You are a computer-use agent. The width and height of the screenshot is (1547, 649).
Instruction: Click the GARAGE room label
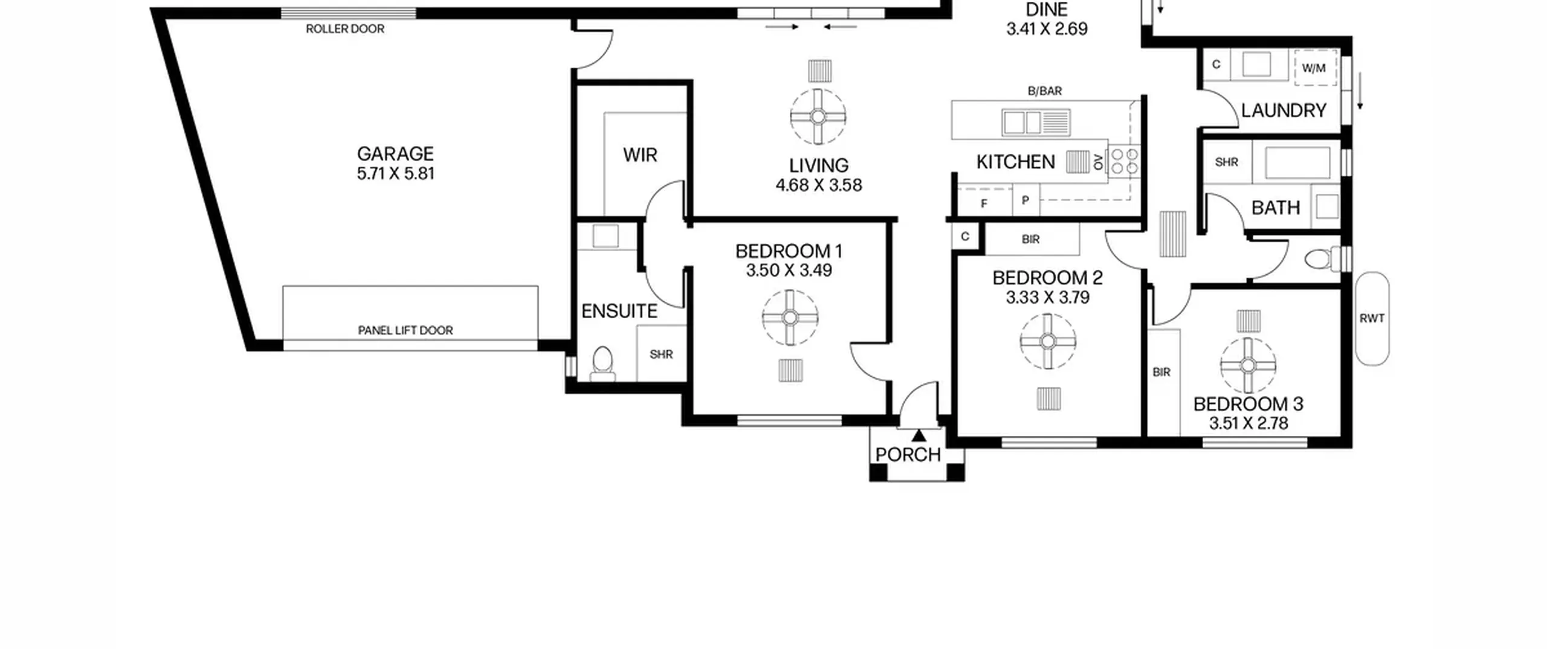[395, 154]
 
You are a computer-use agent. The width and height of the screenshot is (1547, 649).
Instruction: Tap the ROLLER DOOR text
[345, 29]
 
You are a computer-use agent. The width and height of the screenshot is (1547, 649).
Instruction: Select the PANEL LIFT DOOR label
[405, 330]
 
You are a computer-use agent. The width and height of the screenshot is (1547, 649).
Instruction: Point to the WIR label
[640, 155]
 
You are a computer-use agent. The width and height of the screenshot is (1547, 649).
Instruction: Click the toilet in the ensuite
[602, 363]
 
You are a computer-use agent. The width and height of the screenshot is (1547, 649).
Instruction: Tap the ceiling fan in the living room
[818, 117]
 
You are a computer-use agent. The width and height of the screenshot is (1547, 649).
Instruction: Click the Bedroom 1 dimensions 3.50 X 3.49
[789, 270]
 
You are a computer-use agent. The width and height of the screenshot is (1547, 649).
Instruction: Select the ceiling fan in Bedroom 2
[1048, 342]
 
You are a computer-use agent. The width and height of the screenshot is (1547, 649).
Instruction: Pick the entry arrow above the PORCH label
[919, 435]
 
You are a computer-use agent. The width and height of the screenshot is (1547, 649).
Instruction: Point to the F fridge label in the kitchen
[984, 204]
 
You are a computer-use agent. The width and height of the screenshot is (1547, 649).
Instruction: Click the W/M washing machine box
[1314, 68]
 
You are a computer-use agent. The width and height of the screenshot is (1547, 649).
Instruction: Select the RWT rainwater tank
[1372, 318]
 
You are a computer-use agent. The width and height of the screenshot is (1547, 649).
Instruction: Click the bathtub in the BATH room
[1296, 162]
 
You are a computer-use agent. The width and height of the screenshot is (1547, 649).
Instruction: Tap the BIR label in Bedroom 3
[1161, 372]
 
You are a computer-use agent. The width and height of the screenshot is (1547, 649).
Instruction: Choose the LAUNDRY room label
[1284, 110]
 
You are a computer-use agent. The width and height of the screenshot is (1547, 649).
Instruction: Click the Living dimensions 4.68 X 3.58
[819, 185]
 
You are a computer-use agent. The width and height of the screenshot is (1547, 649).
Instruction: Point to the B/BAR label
[1045, 91]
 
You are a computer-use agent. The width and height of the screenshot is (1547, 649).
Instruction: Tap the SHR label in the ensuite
[661, 354]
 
